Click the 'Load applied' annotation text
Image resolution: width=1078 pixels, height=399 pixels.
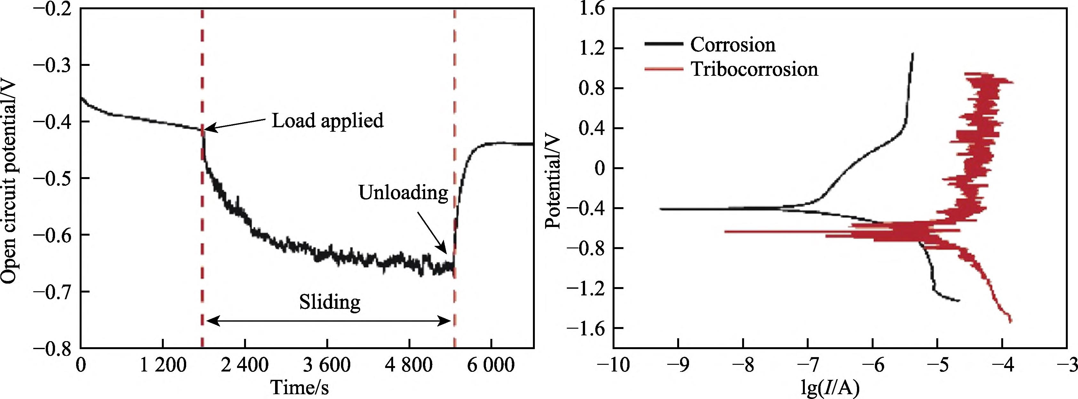coord(328,121)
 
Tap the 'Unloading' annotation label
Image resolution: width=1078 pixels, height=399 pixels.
coord(403,193)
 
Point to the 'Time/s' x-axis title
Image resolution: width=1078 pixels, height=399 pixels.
coord(300,387)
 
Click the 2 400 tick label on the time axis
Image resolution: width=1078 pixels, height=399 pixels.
coord(245,365)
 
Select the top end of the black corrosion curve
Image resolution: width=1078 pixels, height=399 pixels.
coord(913,53)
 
